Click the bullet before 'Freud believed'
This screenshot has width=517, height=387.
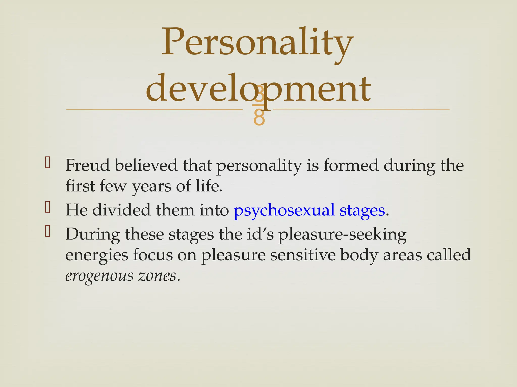[47, 163]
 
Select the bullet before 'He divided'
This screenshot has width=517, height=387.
[47, 207]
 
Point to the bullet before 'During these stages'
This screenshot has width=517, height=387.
[47, 231]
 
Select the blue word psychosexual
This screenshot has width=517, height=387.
[284, 210]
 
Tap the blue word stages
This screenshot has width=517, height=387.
[362, 210]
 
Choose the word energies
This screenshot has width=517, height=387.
[97, 255]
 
